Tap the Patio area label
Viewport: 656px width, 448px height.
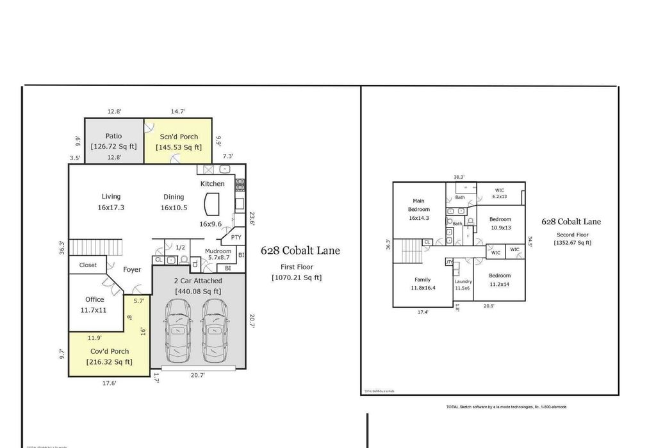[x=113, y=137]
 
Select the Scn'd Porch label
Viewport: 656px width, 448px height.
[x=179, y=137]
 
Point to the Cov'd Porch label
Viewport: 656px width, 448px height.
[x=109, y=351]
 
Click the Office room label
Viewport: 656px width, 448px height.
[x=94, y=299]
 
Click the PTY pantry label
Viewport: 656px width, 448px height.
[x=236, y=237]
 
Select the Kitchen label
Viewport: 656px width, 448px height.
[x=213, y=184]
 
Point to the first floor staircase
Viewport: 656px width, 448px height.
[x=95, y=247]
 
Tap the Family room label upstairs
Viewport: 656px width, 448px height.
[x=422, y=279]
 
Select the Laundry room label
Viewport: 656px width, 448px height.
[x=463, y=281]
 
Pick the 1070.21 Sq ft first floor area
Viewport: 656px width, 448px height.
[x=296, y=278]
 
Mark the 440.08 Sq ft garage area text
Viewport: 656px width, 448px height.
[x=198, y=292]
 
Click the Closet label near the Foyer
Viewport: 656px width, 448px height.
[x=88, y=265]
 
